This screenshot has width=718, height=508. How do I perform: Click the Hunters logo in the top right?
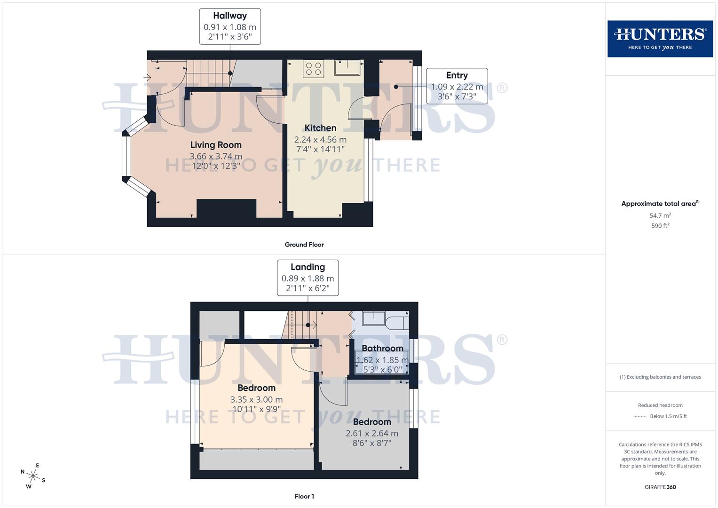tap(660, 39)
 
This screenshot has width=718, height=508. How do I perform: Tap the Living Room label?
tap(216, 145)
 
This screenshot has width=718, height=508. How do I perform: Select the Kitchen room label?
tap(320, 128)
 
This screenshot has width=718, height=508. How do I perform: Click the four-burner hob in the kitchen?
tap(313, 69)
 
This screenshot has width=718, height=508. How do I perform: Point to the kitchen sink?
tap(347, 68)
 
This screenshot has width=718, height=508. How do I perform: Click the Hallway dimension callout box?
tap(230, 27)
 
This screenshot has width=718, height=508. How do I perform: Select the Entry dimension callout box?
tap(457, 86)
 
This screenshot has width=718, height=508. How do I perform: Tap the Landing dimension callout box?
tap(308, 278)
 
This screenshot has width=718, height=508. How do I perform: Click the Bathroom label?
tap(382, 349)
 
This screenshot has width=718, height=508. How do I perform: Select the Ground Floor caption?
tap(304, 245)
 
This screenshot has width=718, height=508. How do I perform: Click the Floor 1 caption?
tap(304, 496)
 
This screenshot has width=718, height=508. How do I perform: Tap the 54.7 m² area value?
tap(660, 215)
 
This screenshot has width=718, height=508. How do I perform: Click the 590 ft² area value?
tap(660, 226)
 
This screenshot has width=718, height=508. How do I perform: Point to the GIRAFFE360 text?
tap(660, 487)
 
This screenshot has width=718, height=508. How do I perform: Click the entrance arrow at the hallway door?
tap(147, 78)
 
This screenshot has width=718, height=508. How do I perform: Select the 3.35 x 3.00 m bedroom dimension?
tap(256, 399)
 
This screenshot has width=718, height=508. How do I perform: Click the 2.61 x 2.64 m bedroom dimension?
tap(372, 433)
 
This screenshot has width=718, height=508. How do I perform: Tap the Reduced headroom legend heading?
tap(660, 405)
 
